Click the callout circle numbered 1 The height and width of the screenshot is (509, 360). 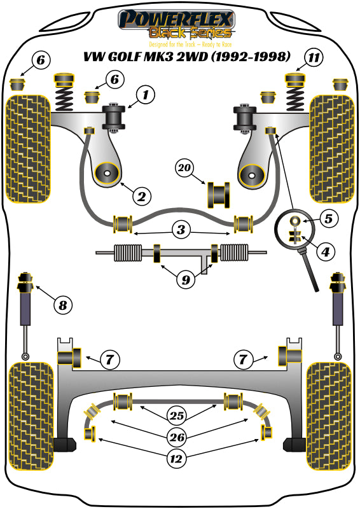point(146,96)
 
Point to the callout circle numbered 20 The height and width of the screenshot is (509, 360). point(184,169)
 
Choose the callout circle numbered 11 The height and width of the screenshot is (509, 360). point(312,58)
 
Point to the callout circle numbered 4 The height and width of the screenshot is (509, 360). point(325,252)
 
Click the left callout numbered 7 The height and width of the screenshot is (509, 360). point(109,360)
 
